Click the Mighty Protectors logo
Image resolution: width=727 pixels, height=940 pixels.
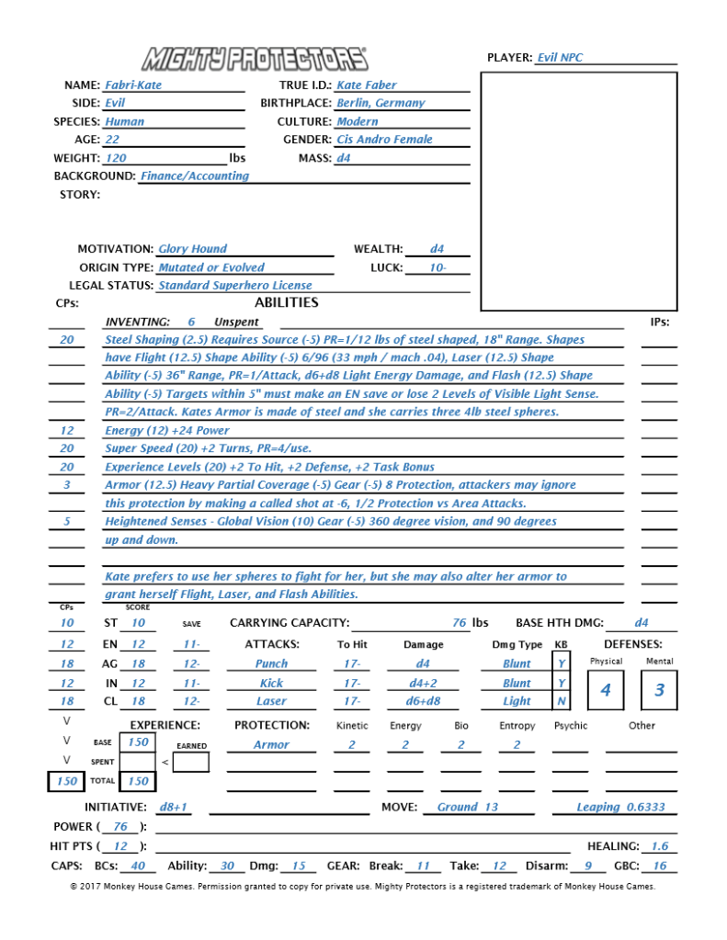click(254, 59)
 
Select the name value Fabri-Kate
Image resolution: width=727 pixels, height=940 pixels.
click(133, 85)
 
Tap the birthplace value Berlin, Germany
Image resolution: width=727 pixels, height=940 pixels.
click(381, 103)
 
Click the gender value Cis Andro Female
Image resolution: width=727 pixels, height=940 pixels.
click(384, 140)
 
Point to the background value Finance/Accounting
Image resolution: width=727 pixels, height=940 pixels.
click(194, 176)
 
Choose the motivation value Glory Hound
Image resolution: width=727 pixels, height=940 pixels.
click(192, 249)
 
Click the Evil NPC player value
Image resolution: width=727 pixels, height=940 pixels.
click(560, 58)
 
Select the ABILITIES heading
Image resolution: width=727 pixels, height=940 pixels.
click(286, 302)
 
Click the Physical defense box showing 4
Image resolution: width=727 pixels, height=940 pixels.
click(606, 691)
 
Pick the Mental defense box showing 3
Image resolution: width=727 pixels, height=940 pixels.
click(659, 691)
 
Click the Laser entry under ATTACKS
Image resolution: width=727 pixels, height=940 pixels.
click(271, 701)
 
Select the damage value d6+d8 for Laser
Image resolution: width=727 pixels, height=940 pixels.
click(423, 701)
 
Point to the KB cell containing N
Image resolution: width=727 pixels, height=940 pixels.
click(562, 701)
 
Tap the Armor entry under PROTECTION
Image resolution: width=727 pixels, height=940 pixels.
click(271, 745)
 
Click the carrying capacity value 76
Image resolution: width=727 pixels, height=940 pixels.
click(460, 623)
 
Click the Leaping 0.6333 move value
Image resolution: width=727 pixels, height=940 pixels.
click(620, 808)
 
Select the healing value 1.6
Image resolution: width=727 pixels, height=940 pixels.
click(659, 846)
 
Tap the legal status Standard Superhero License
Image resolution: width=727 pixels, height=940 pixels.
click(234, 286)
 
